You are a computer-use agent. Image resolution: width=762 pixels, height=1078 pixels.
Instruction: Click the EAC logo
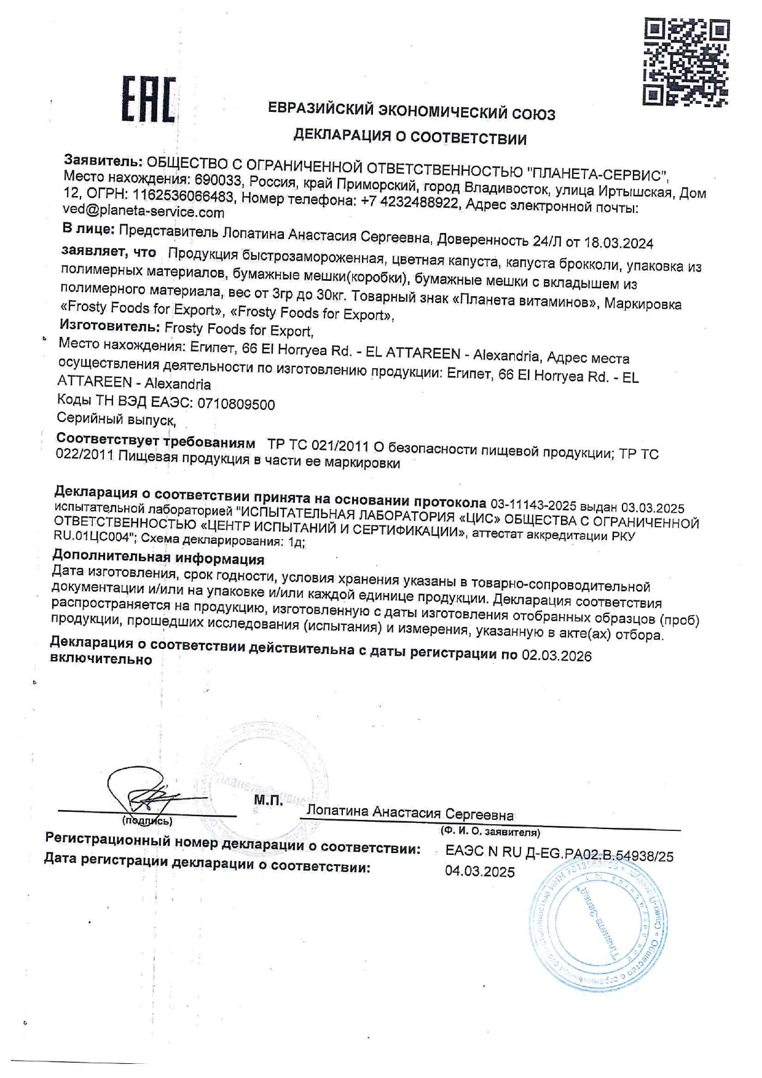click(148, 99)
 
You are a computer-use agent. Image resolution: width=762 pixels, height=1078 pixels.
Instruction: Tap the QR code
click(686, 61)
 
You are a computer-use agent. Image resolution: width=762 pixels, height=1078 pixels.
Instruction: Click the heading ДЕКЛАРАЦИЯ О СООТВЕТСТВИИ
click(410, 136)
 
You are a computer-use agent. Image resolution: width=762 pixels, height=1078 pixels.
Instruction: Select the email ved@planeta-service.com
click(143, 212)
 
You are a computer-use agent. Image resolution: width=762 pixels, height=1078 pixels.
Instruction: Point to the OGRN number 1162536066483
click(183, 196)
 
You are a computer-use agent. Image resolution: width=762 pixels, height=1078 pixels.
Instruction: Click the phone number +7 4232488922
click(409, 202)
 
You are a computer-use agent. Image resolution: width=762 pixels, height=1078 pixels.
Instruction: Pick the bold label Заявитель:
click(103, 161)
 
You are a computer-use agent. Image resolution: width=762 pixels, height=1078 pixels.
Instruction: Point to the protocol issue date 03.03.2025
click(653, 508)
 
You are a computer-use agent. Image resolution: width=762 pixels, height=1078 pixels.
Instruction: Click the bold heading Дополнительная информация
click(159, 558)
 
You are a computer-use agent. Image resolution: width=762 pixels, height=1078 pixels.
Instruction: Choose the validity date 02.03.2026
click(557, 656)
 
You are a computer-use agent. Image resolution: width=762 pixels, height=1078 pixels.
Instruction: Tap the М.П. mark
click(269, 800)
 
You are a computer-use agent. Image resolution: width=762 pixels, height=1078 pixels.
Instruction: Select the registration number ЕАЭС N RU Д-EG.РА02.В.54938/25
click(559, 854)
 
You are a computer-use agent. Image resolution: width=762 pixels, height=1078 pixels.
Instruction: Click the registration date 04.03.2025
click(480, 871)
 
